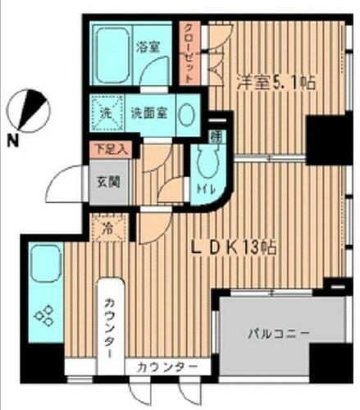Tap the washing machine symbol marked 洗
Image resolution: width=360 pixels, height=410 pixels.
pos(106,112)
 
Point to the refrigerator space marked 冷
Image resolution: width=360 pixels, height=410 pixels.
pos(107,229)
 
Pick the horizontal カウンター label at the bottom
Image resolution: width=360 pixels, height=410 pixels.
pos(166,367)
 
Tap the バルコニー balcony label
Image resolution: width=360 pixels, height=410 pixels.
pos(278,334)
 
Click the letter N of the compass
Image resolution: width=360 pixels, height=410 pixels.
pos(12,140)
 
